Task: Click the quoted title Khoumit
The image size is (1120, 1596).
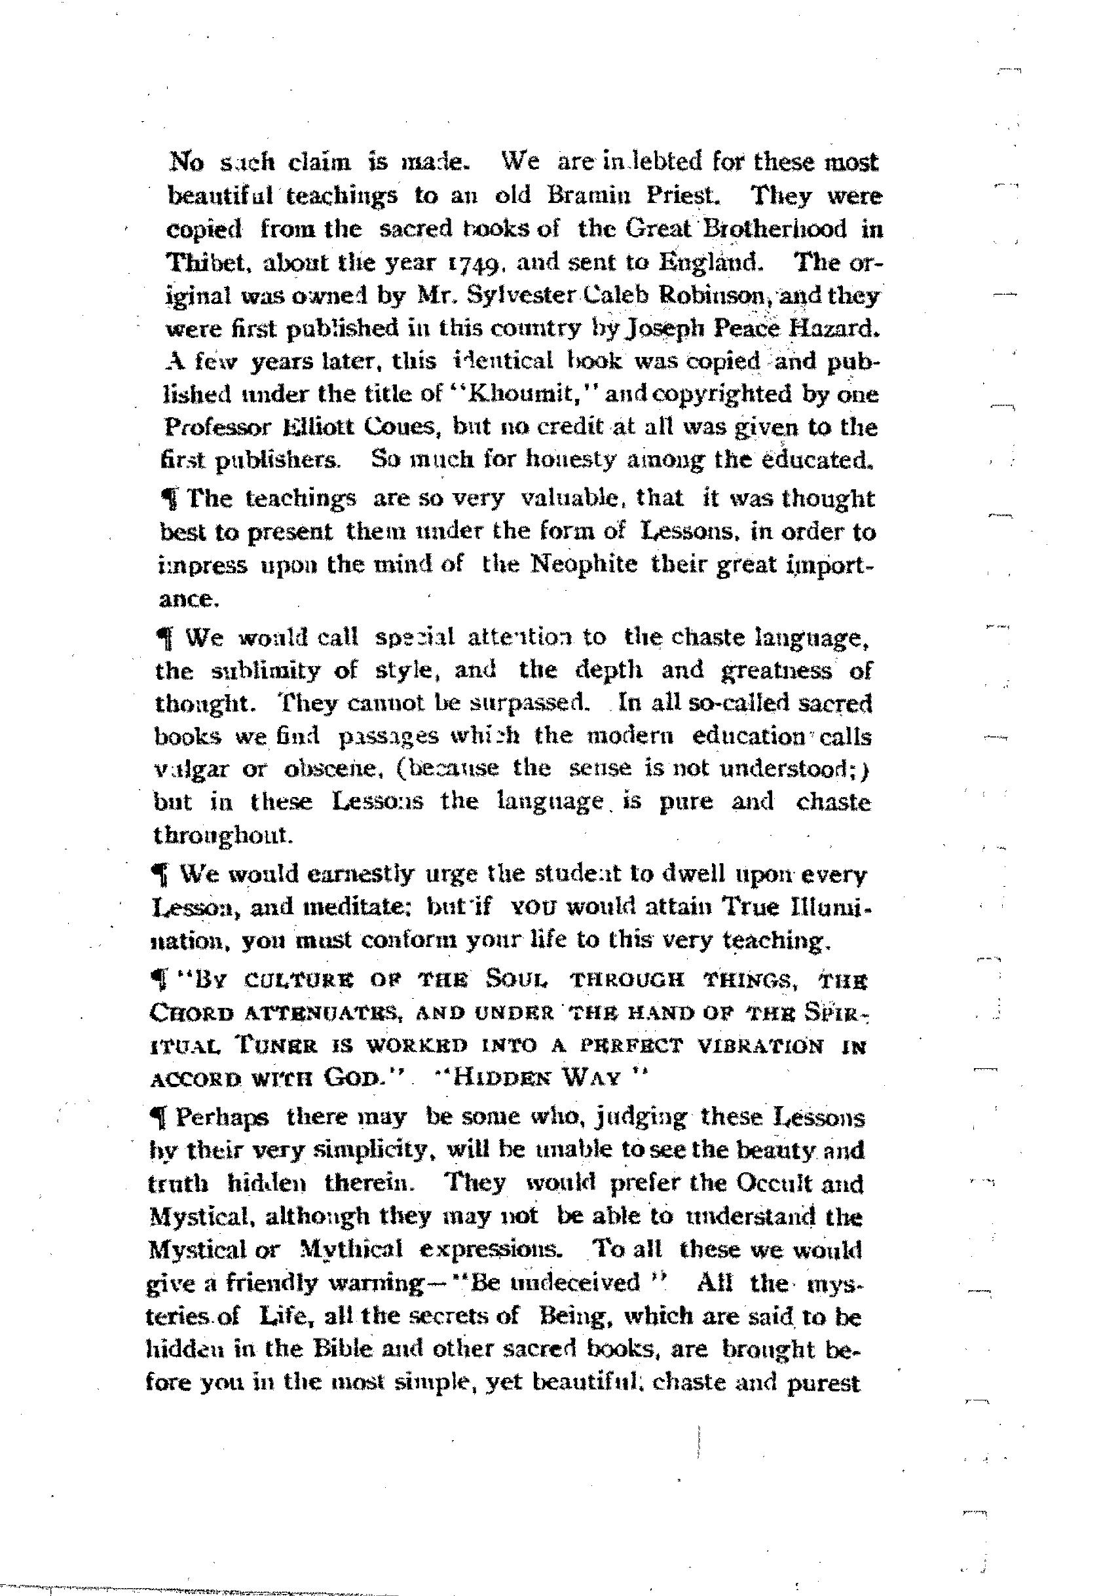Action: click(x=533, y=394)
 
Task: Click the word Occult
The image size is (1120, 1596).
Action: click(x=771, y=1183)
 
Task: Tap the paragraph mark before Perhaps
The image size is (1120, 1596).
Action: click(x=160, y=1117)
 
